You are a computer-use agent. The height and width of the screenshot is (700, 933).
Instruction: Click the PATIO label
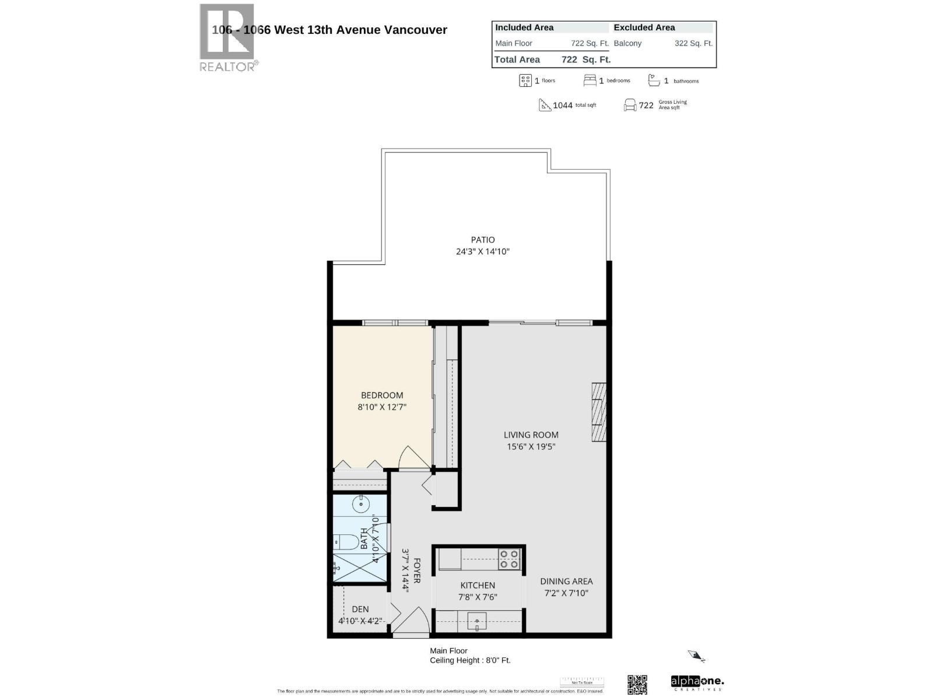(x=483, y=240)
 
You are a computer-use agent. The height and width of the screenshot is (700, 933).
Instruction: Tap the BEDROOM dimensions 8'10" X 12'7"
(x=382, y=407)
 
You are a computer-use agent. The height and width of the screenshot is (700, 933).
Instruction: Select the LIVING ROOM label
(x=531, y=435)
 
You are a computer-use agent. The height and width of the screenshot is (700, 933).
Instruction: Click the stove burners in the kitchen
(x=508, y=559)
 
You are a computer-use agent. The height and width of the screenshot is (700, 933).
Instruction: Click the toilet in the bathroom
(x=346, y=542)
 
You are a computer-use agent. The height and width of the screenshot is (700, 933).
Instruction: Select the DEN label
(x=360, y=609)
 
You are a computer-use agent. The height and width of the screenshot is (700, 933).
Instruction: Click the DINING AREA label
(x=566, y=581)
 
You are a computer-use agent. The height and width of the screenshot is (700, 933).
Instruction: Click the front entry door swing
(x=415, y=621)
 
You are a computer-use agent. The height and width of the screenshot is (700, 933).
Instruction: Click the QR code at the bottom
(x=637, y=684)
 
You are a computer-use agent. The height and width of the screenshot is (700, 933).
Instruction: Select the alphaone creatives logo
(x=697, y=682)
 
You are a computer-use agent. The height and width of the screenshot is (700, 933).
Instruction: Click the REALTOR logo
(x=227, y=37)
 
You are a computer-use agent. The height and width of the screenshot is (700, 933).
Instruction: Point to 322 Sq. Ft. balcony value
(x=693, y=43)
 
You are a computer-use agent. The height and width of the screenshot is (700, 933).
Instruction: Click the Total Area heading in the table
(x=517, y=60)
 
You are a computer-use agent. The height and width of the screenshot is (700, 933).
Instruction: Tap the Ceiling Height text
(x=470, y=660)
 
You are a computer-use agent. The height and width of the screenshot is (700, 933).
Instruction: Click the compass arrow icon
(x=696, y=656)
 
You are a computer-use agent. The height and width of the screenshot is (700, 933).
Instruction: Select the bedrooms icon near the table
(x=590, y=80)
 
